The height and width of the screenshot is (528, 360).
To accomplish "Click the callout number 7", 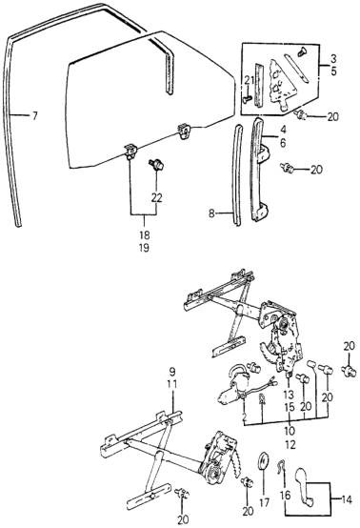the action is click(34, 116).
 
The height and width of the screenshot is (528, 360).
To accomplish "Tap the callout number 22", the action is click(156, 197).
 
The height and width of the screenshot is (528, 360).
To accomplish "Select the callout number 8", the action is click(211, 213).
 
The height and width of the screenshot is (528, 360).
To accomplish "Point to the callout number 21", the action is click(249, 80).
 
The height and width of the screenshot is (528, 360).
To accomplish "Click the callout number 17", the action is click(265, 502).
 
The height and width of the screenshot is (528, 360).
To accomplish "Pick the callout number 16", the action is click(285, 496).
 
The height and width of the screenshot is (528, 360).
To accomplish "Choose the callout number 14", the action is click(347, 499).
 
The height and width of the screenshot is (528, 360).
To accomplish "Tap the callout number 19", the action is click(144, 248).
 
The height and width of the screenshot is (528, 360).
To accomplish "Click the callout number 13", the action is click(289, 395).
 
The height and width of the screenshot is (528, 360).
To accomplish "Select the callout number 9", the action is click(172, 372).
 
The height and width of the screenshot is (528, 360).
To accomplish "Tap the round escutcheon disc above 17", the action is click(264, 462).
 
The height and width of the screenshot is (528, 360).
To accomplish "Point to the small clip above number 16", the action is click(280, 466).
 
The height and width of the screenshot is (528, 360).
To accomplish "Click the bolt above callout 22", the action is click(157, 164).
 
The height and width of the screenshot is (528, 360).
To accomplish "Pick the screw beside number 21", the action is click(248, 99).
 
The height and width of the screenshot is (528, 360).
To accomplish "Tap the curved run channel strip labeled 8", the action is click(237, 175).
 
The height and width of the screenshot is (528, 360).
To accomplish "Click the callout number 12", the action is click(290, 445).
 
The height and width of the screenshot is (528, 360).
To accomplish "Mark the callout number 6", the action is click(283, 143).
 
